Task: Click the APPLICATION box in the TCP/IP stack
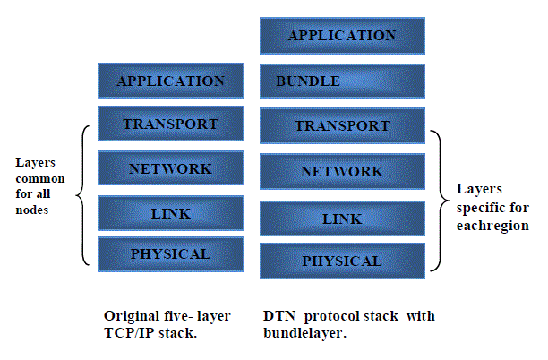pos(170,81)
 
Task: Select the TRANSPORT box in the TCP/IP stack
pos(170,124)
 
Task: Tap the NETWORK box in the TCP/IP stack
pos(170,167)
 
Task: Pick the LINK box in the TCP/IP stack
pos(170,211)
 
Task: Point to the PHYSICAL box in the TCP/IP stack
pos(170,253)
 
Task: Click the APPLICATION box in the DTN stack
pos(342,36)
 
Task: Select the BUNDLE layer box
pos(342,81)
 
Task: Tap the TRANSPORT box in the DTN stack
pos(342,126)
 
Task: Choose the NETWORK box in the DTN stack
pos(342,170)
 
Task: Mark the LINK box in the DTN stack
pos(342,219)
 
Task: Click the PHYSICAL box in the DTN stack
pos(342,261)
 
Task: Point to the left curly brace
pos(84,195)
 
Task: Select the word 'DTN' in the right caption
pos(282,316)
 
